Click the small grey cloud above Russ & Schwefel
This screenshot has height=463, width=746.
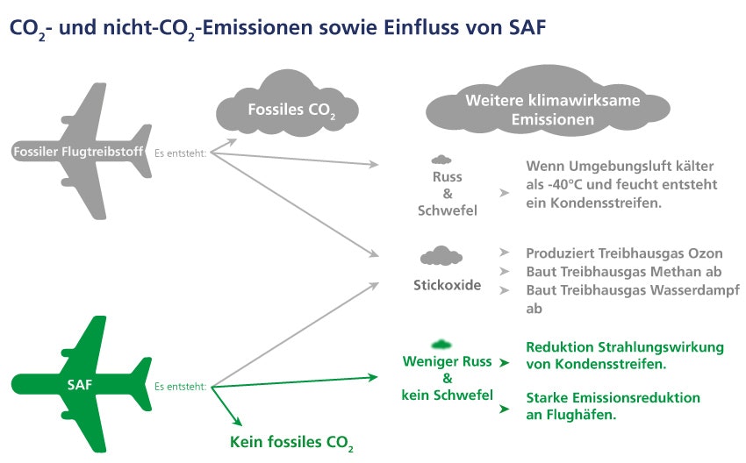tap(441, 160)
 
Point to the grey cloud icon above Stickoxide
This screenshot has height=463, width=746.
tap(441, 256)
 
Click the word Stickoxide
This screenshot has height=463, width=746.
tap(448, 285)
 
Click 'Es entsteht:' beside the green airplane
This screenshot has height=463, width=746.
tap(181, 385)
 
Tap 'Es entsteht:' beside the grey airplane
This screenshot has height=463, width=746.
tap(181, 153)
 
